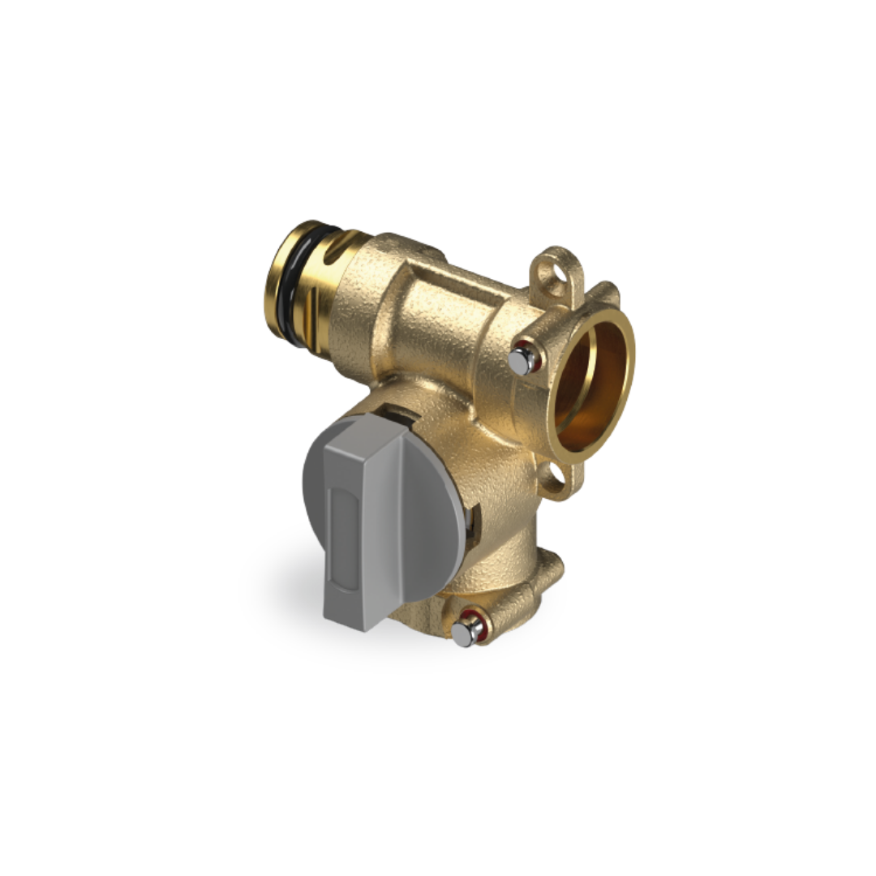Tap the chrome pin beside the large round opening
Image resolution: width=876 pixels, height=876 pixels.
[x=520, y=361]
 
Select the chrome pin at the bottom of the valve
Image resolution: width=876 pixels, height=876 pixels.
[x=463, y=633]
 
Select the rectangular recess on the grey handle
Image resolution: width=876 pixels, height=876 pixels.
[x=341, y=535]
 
